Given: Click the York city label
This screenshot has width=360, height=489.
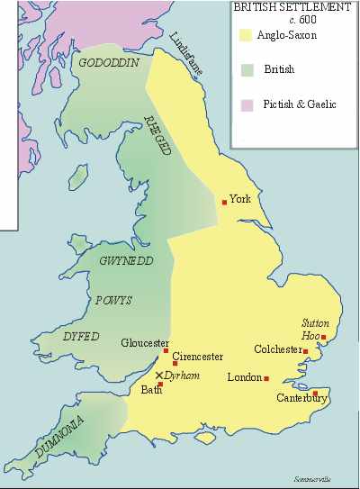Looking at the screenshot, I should [x=239, y=199].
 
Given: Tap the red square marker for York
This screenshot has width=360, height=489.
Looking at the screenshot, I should [x=224, y=202].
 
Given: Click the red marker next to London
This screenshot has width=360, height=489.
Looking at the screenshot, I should [x=266, y=378].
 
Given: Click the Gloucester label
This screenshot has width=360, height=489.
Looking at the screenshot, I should [x=145, y=343].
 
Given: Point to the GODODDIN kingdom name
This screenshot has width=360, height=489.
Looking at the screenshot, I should [x=107, y=64].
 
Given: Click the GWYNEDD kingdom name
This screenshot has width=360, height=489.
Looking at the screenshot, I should [x=127, y=260].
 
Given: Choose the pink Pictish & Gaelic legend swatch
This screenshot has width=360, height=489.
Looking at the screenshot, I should [x=244, y=104].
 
